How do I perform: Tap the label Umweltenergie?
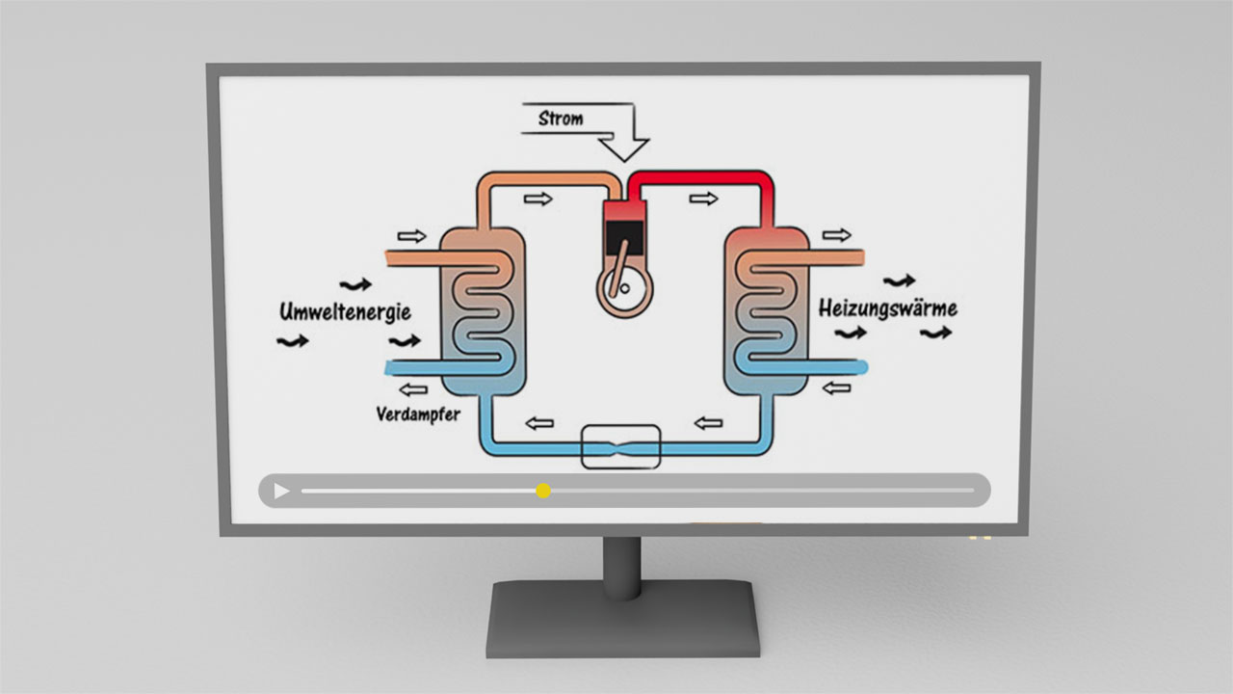(x=345, y=311)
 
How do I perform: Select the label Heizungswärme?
(x=887, y=308)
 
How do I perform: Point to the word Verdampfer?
(x=419, y=415)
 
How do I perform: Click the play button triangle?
(x=281, y=492)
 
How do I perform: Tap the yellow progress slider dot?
(x=543, y=491)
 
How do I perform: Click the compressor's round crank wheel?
(x=622, y=286)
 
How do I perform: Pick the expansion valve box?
(x=621, y=447)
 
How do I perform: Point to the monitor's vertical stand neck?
(x=622, y=564)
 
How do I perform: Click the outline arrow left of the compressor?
(x=538, y=199)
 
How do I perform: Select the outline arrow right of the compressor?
(x=704, y=199)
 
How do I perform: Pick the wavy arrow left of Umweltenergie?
(x=293, y=340)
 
